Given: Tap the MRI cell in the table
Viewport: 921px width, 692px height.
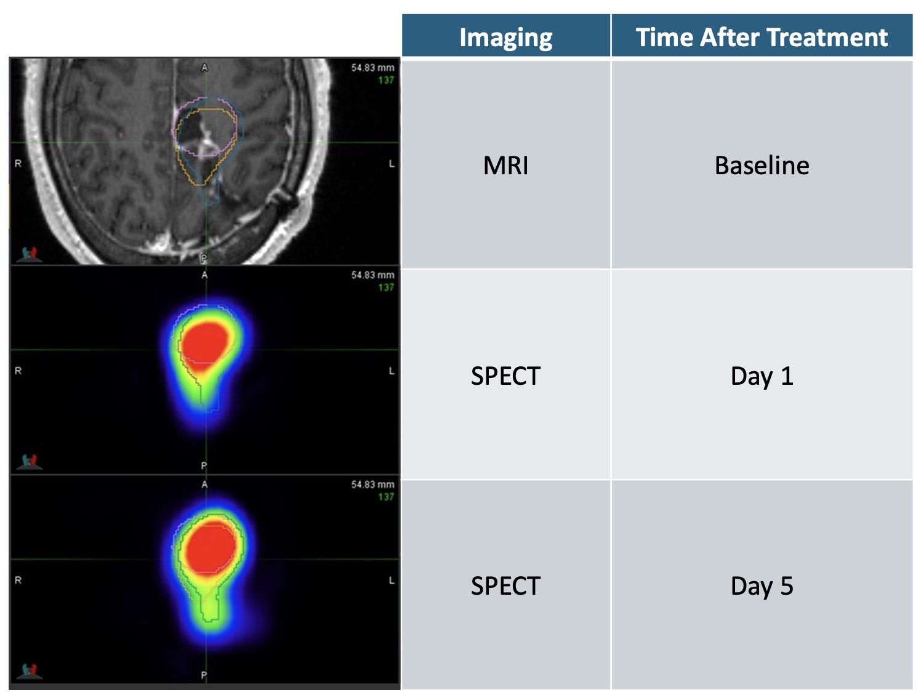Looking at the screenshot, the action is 505,165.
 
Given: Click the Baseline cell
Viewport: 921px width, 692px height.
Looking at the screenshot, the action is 762,165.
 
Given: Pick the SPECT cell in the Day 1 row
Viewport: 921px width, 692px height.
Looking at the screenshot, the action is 505,376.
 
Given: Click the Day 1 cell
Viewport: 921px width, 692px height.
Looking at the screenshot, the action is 762,376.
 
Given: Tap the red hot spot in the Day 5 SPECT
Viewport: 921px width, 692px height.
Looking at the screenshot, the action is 211,548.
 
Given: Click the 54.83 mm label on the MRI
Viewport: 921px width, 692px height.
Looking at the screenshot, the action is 372,68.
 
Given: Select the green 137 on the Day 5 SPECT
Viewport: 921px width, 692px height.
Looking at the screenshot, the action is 386,497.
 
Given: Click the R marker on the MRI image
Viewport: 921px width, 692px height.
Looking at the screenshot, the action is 18,164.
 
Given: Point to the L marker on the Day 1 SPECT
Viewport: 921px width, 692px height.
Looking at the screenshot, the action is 392,371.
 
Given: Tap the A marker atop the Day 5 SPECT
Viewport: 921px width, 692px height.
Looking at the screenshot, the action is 204,485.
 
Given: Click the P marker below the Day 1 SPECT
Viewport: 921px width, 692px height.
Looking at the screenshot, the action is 204,465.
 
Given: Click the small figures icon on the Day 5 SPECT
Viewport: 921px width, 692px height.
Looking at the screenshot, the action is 30,671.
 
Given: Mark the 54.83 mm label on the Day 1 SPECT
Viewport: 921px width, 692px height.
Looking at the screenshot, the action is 372,275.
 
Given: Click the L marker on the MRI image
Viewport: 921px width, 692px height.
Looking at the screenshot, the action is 392,164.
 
